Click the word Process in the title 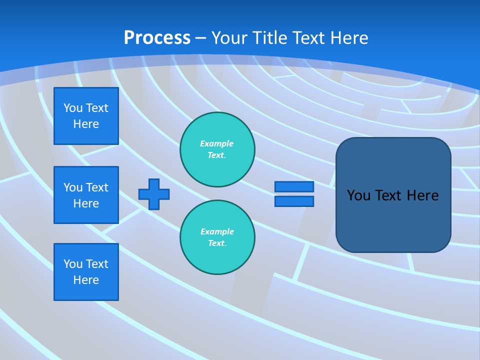[x=157, y=37]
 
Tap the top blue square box [x=86, y=116]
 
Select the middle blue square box [x=86, y=195]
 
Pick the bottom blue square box [x=86, y=272]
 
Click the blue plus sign [x=154, y=194]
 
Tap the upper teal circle [x=217, y=149]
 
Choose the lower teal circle [x=217, y=237]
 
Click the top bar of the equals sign [x=294, y=186]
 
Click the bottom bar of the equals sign [x=294, y=201]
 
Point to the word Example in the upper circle [x=216, y=143]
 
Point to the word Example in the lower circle [x=217, y=231]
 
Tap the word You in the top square [x=72, y=108]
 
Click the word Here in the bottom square [x=86, y=280]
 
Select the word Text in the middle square [x=97, y=187]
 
